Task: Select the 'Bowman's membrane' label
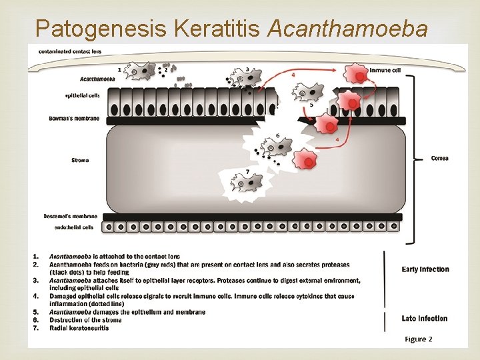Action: click(74, 119)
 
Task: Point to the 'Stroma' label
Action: click(79, 160)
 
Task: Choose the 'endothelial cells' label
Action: click(74, 227)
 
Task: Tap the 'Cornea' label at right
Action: click(439, 158)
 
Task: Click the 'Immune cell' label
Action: click(385, 69)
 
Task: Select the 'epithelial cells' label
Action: click(82, 95)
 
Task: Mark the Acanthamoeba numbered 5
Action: click(311, 93)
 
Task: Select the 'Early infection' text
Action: click(425, 269)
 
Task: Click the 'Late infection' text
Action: click(425, 318)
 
